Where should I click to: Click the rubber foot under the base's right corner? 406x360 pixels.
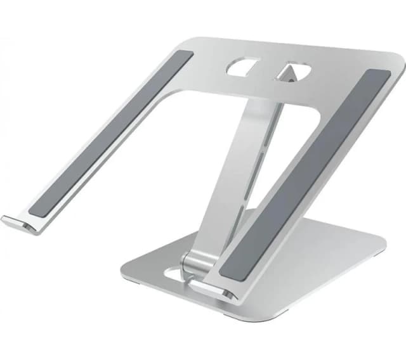pos(379,253)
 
